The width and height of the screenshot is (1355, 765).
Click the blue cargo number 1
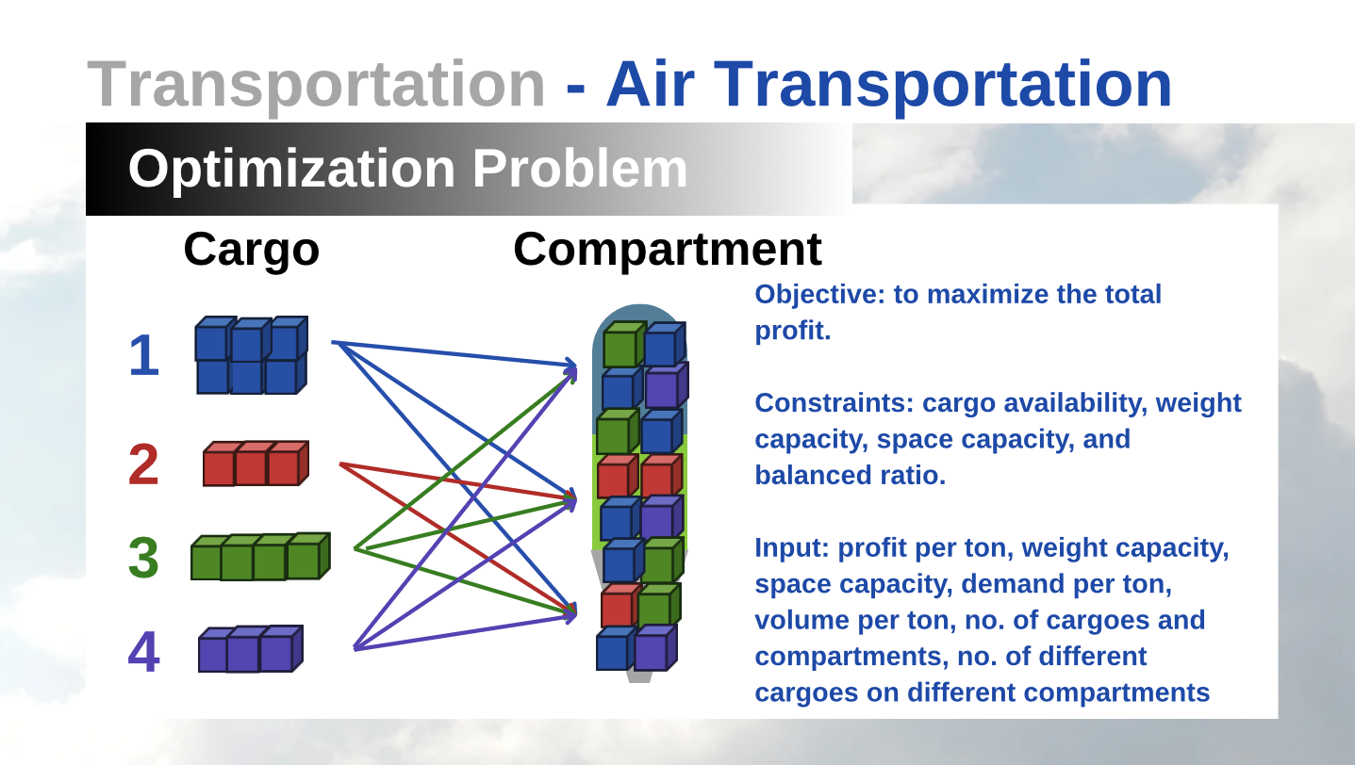click(144, 355)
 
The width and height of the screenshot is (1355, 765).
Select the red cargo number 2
click(143, 464)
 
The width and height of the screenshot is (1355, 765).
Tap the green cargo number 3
click(143, 557)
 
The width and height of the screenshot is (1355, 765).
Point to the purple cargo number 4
click(144, 651)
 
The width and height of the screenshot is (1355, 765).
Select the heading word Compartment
click(668, 249)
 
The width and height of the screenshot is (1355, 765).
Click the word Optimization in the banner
click(291, 170)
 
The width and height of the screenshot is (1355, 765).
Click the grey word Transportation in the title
click(317, 85)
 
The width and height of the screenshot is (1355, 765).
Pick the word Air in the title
click(651, 84)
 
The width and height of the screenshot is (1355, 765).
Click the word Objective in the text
click(819, 295)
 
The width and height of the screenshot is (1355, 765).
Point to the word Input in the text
click(792, 548)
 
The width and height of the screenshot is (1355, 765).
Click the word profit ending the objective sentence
click(792, 331)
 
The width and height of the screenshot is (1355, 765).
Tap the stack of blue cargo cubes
click(251, 355)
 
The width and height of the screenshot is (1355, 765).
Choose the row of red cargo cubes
click(256, 464)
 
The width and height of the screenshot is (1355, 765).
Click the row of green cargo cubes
click(260, 557)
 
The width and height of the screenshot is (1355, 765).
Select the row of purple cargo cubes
click(251, 649)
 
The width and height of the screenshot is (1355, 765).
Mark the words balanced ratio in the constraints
click(850, 476)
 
